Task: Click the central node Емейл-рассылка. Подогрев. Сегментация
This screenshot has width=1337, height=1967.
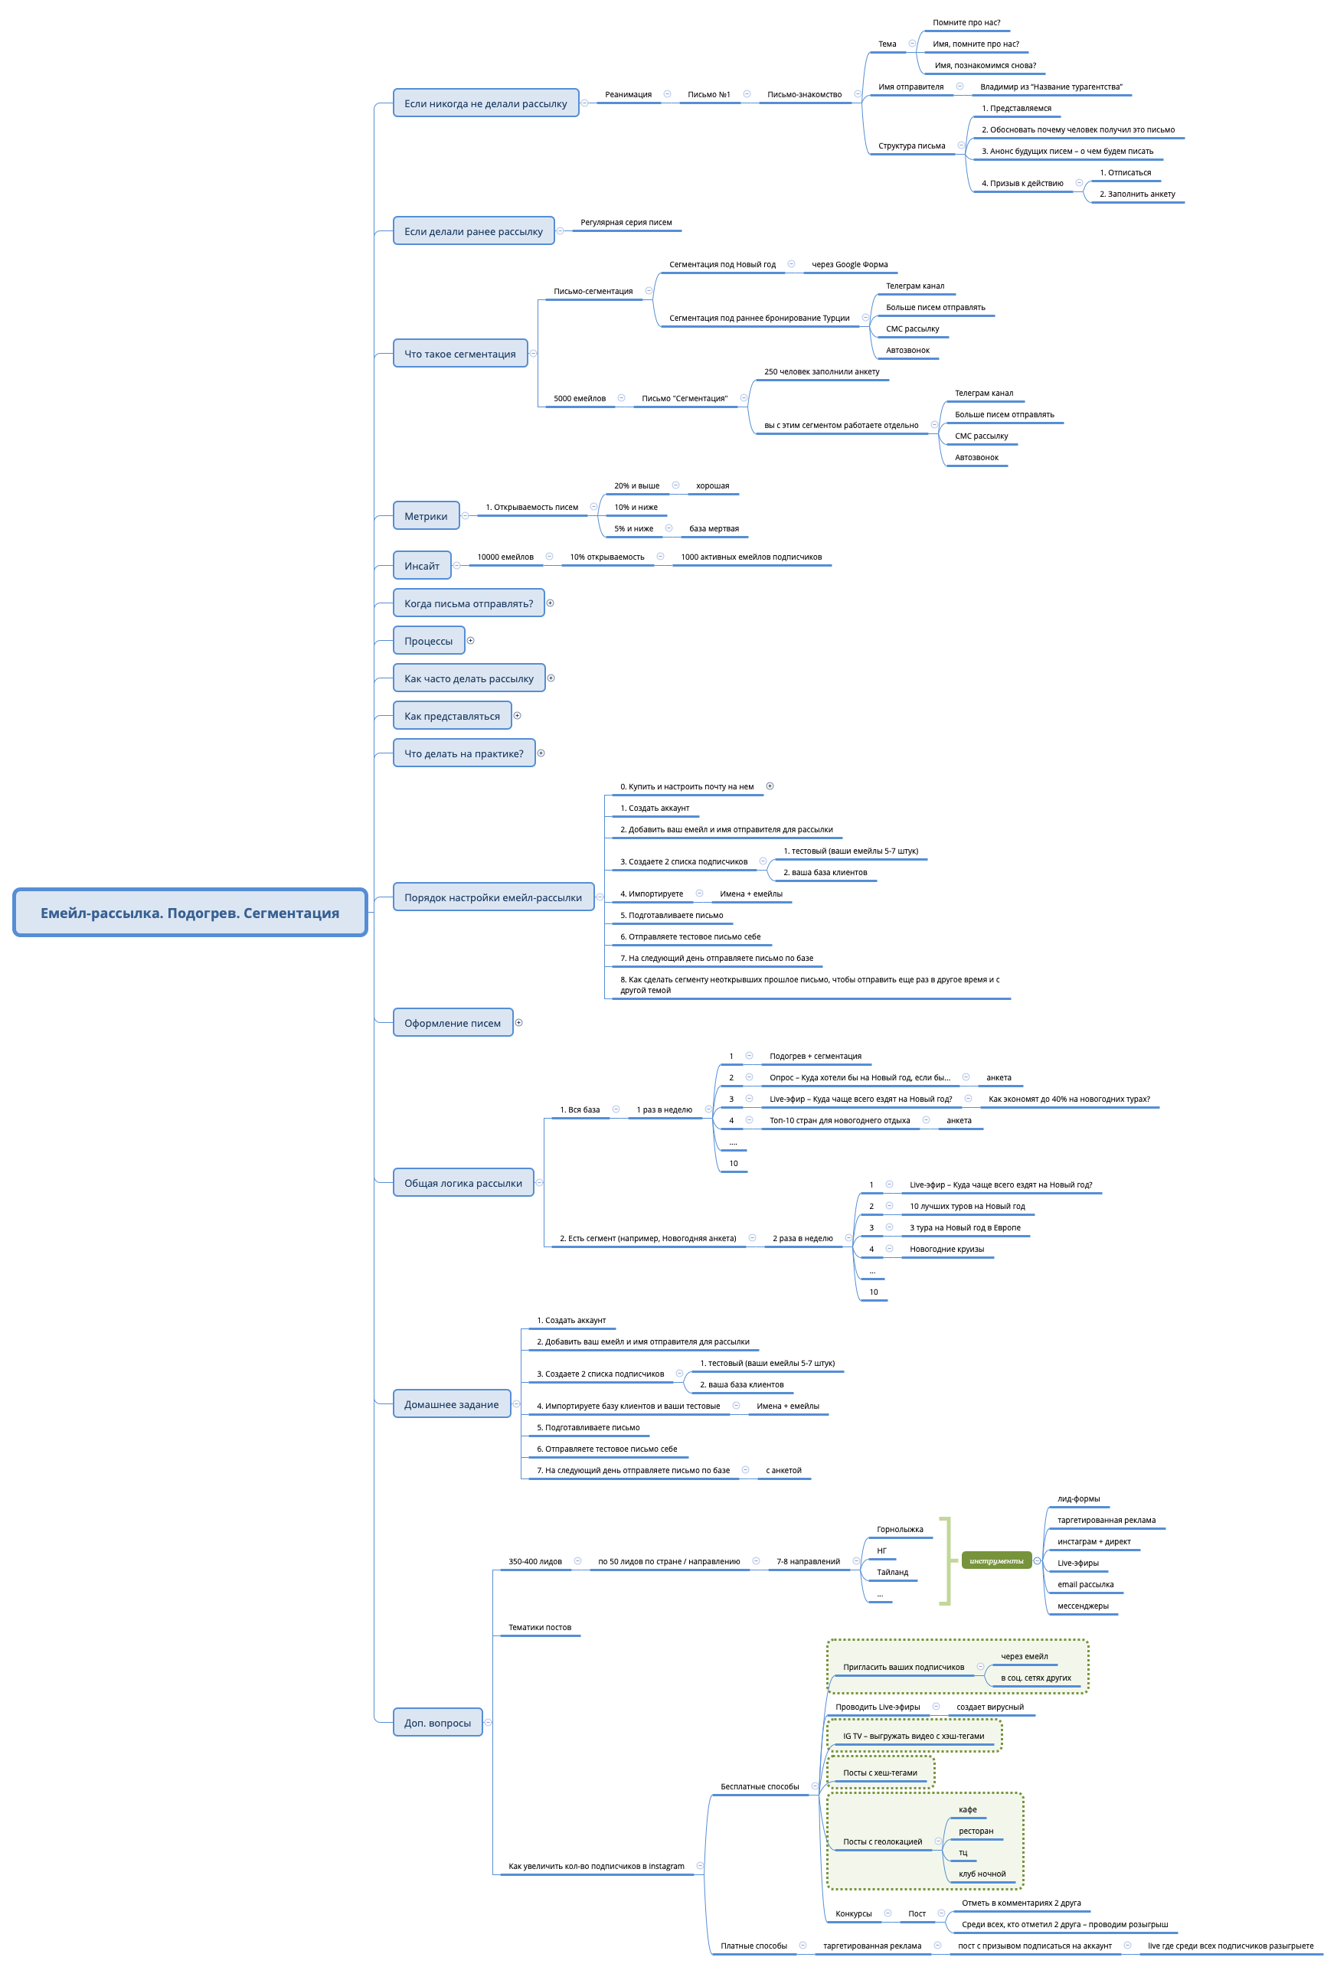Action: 190,913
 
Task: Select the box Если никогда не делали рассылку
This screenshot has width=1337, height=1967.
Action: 485,103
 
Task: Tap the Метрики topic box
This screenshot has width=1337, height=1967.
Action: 426,515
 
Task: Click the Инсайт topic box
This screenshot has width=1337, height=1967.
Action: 422,565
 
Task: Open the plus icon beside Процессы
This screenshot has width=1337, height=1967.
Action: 471,641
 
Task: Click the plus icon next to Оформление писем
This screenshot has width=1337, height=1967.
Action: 519,1022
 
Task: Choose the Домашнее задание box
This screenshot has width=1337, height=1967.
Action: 451,1404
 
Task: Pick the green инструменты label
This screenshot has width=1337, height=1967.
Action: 995,1560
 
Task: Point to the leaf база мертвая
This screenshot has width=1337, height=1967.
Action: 714,528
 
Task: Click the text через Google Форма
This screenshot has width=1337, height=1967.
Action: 849,264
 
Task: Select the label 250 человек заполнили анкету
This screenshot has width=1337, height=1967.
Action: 822,371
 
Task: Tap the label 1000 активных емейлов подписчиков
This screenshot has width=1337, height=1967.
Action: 751,557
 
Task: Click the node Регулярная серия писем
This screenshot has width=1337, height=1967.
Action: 626,223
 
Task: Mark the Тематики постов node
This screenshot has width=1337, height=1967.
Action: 539,1627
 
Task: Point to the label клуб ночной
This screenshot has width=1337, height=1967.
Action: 982,1874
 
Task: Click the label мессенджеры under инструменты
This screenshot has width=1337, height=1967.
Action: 1082,1606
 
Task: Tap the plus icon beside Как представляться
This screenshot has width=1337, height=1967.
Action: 518,715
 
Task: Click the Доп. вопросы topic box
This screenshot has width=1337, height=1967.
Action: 437,1723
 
